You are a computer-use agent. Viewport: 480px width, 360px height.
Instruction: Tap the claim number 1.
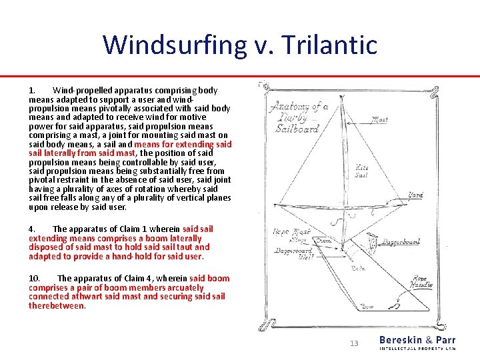pos(31,90)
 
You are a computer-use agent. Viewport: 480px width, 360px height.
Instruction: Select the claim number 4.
pos(31,229)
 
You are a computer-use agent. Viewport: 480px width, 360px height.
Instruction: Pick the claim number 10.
pos(34,279)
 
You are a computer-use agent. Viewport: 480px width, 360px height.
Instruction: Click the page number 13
pos(354,343)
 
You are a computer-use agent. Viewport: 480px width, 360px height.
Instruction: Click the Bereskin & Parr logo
pos(417,343)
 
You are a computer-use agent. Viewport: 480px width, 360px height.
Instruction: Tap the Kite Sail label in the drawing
pos(361,171)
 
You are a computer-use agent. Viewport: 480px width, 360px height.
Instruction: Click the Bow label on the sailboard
pos(367,307)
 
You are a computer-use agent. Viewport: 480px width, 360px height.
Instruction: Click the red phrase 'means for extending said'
pos(183,144)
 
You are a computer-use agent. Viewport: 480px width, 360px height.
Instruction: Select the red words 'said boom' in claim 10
pos(209,279)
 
